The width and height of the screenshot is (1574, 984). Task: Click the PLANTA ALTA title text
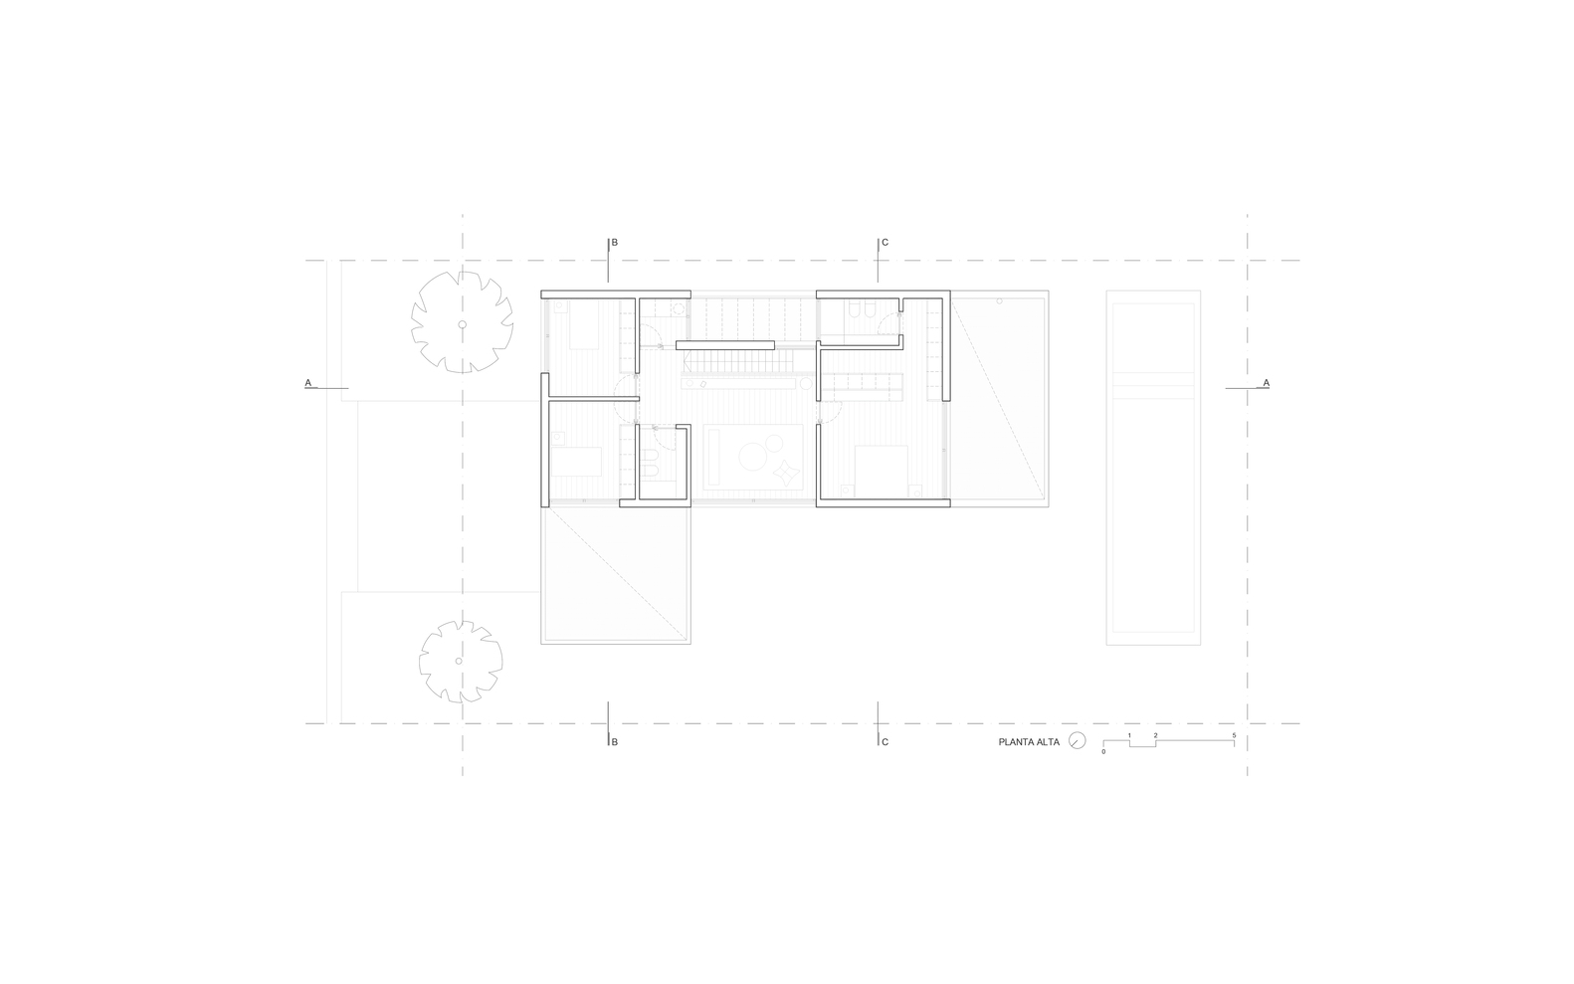[1029, 741]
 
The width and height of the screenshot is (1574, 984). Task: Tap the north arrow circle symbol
[1078, 741]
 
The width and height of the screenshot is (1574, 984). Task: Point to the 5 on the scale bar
[1234, 736]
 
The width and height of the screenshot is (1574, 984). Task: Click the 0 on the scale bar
[1103, 752]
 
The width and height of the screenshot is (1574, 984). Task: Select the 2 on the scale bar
[1156, 736]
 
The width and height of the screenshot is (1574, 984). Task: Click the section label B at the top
[615, 243]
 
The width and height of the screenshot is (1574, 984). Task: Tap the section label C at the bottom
[885, 742]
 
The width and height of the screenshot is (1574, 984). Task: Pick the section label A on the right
[1267, 382]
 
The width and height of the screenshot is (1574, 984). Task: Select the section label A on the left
[307, 382]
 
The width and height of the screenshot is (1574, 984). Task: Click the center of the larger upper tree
[463, 324]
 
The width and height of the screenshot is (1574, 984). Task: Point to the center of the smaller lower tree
[460, 661]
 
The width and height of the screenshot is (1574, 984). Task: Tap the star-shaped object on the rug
[786, 473]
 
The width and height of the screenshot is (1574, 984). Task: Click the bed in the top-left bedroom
[584, 325]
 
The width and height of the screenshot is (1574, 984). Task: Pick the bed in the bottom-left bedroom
[576, 461]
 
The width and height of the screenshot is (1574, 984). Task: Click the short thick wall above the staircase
[725, 345]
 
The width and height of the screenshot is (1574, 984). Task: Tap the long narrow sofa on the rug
[715, 458]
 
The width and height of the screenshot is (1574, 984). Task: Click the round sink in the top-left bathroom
[679, 308]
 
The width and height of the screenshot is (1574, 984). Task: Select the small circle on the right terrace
[999, 300]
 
